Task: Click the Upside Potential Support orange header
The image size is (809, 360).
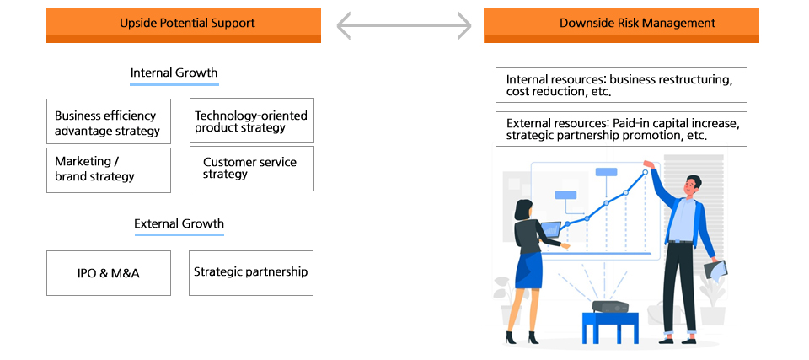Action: pos(183,24)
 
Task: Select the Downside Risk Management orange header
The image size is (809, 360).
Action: pos(621,24)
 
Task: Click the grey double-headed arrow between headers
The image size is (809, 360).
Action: pos(404,25)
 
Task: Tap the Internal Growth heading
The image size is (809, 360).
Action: pos(174,73)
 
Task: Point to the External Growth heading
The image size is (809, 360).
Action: pos(179,224)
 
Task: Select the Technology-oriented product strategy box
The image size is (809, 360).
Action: pos(251,121)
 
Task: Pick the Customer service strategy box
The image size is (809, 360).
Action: pos(251,168)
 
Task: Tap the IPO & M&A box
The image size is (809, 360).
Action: pos(109,272)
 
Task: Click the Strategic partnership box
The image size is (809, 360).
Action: pos(251,272)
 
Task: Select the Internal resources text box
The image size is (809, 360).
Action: pos(621,85)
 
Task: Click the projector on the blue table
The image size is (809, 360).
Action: pos(610,307)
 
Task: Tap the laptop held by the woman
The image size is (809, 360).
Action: pos(550,228)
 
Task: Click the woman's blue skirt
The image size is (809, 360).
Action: pos(529,269)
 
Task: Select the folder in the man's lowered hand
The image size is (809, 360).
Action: pos(715,270)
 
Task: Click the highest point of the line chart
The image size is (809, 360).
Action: pos(646,172)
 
